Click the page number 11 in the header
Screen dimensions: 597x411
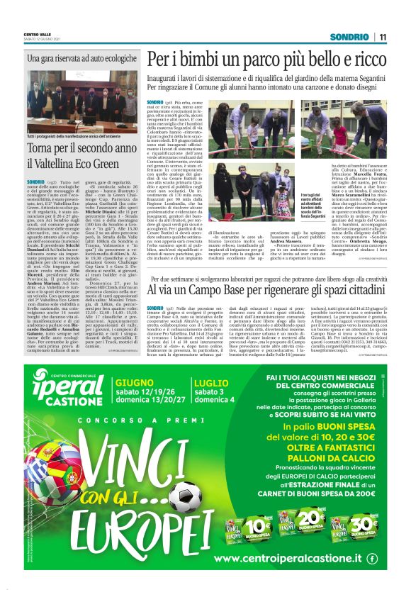coord(382,37)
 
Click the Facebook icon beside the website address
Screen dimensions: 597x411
coord(373,558)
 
